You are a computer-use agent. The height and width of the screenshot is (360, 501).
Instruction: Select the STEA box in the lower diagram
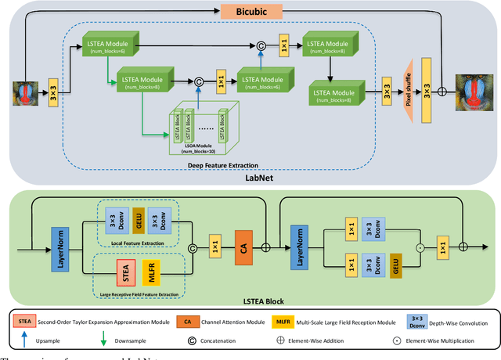coord(124,274)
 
